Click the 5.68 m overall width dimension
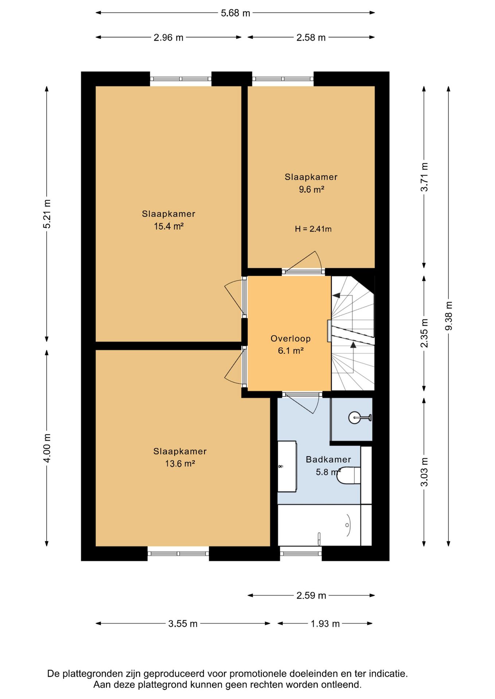[x=235, y=13]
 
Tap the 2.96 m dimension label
[x=168, y=37]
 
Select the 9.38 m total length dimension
[x=449, y=316]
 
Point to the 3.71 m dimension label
[x=424, y=177]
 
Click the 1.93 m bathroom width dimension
[x=325, y=624]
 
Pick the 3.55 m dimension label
[x=183, y=624]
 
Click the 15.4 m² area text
[x=168, y=226]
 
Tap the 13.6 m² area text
[x=180, y=463]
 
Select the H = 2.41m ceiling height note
[x=313, y=229]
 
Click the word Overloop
[x=291, y=339]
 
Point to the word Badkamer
[x=328, y=459]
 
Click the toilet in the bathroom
[x=348, y=475]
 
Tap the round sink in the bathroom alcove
[x=355, y=418]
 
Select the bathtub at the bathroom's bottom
[x=319, y=525]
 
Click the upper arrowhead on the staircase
[x=336, y=296]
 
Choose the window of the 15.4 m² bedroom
[x=180, y=79]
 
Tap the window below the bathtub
[x=301, y=554]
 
